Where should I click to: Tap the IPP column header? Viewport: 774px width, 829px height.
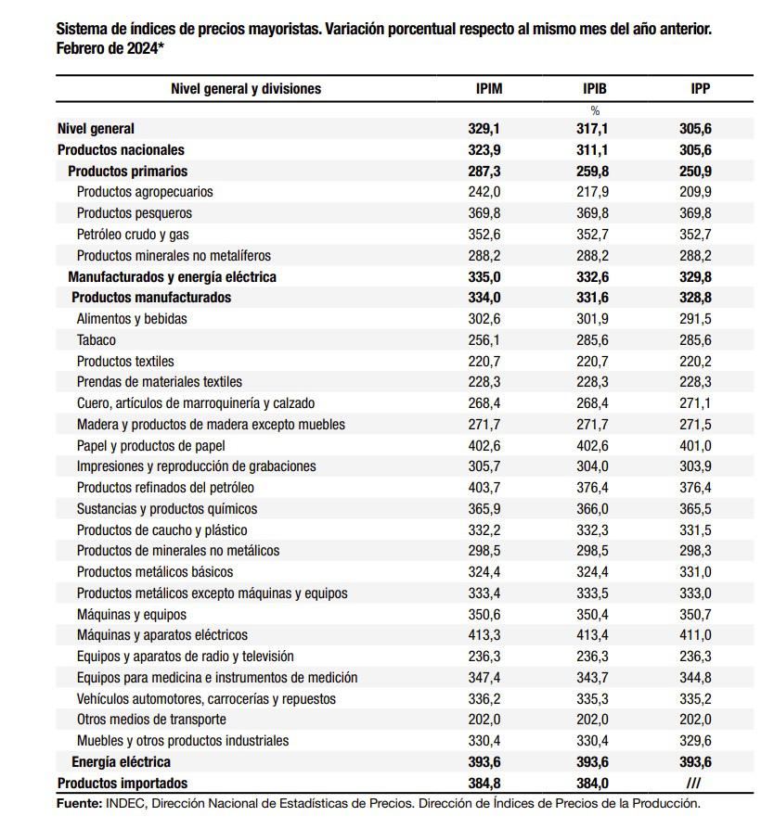[701, 89]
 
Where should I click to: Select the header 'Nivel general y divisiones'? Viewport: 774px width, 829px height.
[246, 89]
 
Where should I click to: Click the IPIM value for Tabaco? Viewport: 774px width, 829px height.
[484, 340]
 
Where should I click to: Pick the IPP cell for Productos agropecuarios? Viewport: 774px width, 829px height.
[695, 192]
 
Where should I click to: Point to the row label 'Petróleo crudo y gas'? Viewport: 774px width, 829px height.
[133, 235]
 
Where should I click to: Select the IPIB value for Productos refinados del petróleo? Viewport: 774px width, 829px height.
[592, 488]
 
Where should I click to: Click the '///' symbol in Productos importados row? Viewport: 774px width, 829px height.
[693, 784]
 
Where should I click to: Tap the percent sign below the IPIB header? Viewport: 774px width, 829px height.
[595, 111]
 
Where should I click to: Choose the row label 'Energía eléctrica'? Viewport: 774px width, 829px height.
[121, 762]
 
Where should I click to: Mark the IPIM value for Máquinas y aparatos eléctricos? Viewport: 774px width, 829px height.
[484, 635]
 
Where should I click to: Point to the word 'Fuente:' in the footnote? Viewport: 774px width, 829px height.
[79, 804]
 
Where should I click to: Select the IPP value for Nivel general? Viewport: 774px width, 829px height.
[695, 129]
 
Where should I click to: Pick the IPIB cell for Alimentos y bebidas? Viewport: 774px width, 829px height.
[592, 319]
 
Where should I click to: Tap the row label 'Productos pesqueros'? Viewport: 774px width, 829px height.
[135, 213]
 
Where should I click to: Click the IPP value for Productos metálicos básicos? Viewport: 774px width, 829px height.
[695, 572]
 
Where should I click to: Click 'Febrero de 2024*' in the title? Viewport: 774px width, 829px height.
[110, 47]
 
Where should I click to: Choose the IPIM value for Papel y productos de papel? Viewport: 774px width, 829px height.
[484, 445]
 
